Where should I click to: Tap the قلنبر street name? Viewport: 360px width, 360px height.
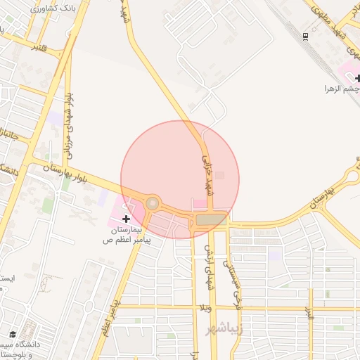click(x=39, y=47)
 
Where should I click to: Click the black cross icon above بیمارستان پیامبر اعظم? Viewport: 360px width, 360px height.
click(x=126, y=219)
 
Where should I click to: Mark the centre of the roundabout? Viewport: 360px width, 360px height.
click(x=152, y=204)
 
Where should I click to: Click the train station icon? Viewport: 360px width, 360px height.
click(x=304, y=35)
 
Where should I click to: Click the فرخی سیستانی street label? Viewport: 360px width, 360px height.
click(x=227, y=274)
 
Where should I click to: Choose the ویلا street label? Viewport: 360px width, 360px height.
click(x=206, y=307)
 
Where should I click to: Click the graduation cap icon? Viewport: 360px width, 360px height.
click(x=12, y=334)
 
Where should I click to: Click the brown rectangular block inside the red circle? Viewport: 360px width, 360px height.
click(x=210, y=220)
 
